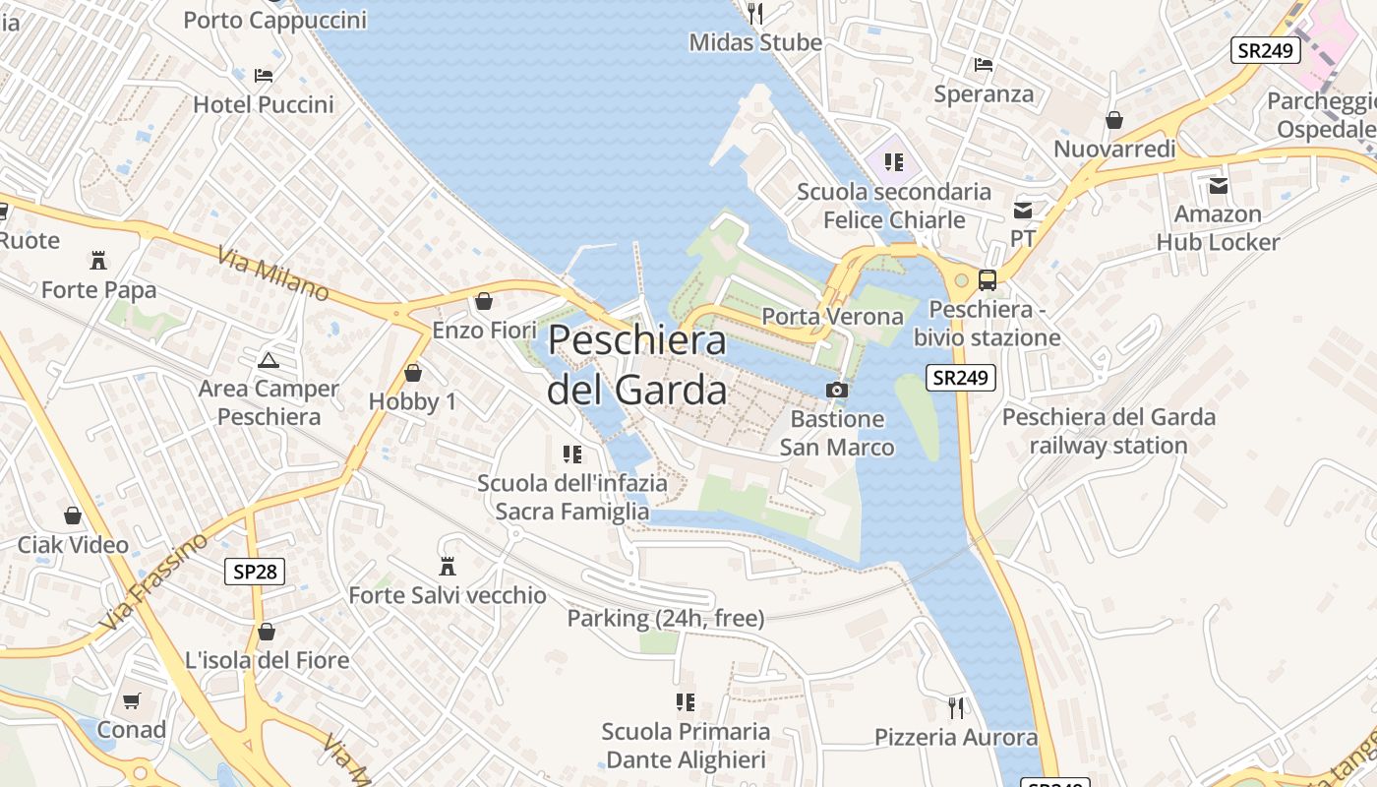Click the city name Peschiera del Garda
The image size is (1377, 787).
click(637, 365)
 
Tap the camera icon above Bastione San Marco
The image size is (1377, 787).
click(837, 390)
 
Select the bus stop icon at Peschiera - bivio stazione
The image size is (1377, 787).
click(988, 280)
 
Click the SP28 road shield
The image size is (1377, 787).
click(254, 572)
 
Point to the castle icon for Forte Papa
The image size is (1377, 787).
click(98, 261)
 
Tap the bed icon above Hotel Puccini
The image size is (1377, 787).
click(264, 75)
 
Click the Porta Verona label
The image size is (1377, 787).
click(832, 317)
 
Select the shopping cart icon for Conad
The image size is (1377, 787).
click(131, 700)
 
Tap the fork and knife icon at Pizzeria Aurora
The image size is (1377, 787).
click(956, 707)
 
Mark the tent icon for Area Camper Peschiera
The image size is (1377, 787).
click(269, 360)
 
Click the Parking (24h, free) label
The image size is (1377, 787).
click(665, 619)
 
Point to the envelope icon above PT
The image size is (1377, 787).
click(1023, 210)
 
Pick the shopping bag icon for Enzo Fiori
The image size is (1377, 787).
click(483, 301)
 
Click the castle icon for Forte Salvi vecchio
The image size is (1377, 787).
click(448, 566)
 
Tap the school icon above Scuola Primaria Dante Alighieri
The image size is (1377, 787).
click(686, 702)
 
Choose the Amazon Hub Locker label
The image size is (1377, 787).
click(1218, 228)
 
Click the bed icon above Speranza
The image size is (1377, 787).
click(984, 65)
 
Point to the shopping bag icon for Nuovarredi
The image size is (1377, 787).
click(1114, 120)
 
